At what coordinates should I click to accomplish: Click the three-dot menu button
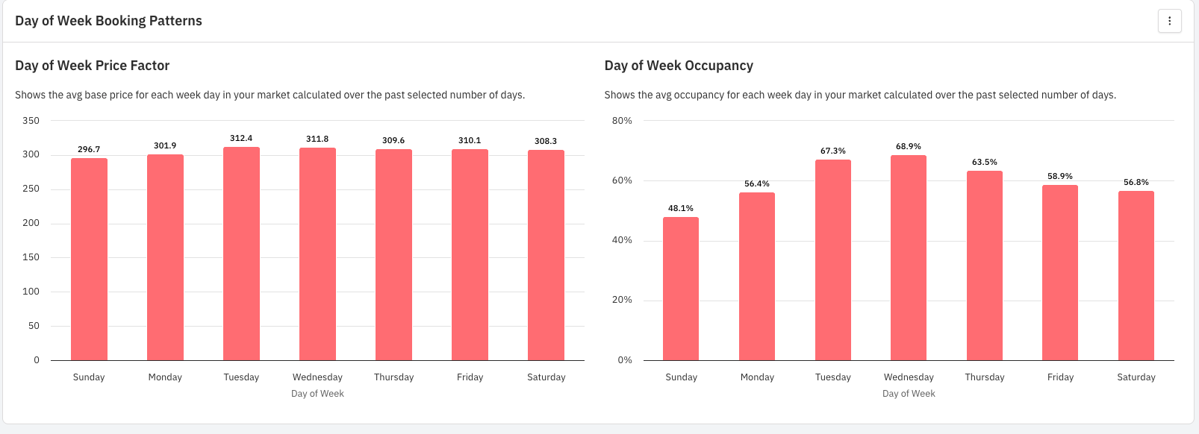pyautogui.click(x=1169, y=21)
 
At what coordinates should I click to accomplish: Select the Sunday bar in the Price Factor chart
pyautogui.click(x=89, y=260)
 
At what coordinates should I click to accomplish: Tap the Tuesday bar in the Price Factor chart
pyautogui.click(x=241, y=254)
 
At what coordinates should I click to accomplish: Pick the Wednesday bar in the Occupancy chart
pyautogui.click(x=909, y=258)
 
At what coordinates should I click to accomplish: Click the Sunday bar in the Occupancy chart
pyautogui.click(x=681, y=289)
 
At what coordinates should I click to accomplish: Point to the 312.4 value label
pyautogui.click(x=241, y=138)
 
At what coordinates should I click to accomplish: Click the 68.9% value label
pyautogui.click(x=909, y=146)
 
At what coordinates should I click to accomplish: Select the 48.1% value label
pyautogui.click(x=681, y=208)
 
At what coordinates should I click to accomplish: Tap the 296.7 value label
pyautogui.click(x=89, y=149)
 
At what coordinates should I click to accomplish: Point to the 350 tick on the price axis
pyautogui.click(x=31, y=120)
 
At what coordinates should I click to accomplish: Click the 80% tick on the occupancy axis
pyautogui.click(x=622, y=121)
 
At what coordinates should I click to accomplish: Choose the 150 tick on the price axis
pyautogui.click(x=31, y=257)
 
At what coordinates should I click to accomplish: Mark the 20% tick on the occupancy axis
pyautogui.click(x=622, y=300)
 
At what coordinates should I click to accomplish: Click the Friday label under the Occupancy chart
pyautogui.click(x=1060, y=377)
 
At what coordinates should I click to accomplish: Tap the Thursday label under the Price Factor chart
pyautogui.click(x=393, y=377)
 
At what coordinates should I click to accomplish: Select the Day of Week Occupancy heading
pyautogui.click(x=679, y=66)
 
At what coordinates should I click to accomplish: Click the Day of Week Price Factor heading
pyautogui.click(x=92, y=66)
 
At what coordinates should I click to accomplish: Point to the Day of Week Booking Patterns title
pyautogui.click(x=108, y=21)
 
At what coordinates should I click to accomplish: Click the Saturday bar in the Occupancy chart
pyautogui.click(x=1136, y=276)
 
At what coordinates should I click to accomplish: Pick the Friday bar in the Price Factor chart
pyautogui.click(x=470, y=255)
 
